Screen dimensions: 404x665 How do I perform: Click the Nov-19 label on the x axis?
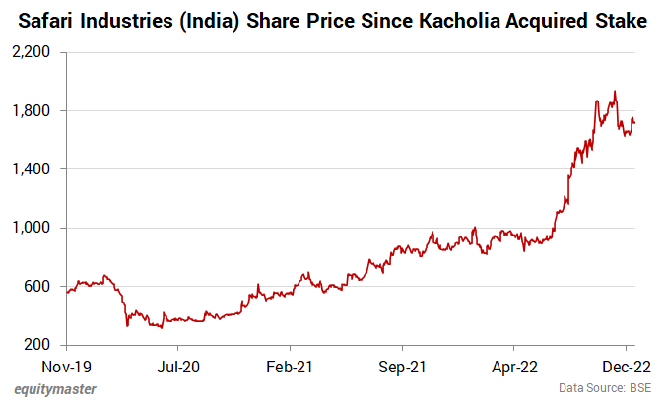pos(66,365)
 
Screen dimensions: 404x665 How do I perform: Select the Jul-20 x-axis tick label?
pos(178,365)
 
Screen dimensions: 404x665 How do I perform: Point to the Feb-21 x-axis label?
pos(291,365)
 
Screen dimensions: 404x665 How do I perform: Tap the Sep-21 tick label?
pos(402,365)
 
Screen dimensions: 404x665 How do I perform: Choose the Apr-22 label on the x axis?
pos(514,365)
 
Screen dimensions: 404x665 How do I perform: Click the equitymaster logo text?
pos(55,389)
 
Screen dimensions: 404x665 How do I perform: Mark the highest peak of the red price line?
pos(615,92)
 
